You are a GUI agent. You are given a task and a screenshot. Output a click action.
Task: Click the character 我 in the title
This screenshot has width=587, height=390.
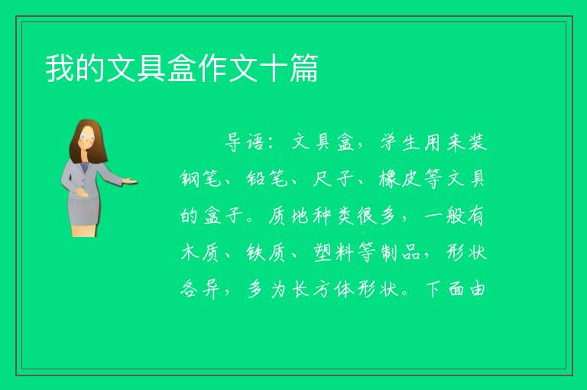(60, 68)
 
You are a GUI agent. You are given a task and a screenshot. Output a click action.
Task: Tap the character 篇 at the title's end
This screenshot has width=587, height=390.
(303, 68)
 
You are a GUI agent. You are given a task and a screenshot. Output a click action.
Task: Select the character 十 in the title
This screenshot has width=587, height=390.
(274, 68)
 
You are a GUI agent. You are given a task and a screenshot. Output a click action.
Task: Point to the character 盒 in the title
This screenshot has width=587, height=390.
(182, 68)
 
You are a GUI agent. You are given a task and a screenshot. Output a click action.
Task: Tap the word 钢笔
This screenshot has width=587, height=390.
(200, 179)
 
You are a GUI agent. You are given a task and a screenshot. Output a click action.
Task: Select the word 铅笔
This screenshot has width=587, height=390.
(267, 179)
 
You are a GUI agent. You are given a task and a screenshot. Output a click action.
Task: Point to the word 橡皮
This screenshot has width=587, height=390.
(400, 179)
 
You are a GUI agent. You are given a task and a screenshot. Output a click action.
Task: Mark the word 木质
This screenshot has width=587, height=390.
(200, 252)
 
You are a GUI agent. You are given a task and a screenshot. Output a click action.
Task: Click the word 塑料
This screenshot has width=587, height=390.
(333, 252)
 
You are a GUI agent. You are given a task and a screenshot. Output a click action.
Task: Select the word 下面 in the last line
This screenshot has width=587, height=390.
(445, 289)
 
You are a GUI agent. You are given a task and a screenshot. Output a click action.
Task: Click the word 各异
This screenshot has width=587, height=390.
(200, 289)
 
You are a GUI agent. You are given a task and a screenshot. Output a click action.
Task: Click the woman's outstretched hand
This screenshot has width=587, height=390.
(130, 182)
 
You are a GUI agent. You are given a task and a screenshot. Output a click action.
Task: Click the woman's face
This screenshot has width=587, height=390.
(87, 138)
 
